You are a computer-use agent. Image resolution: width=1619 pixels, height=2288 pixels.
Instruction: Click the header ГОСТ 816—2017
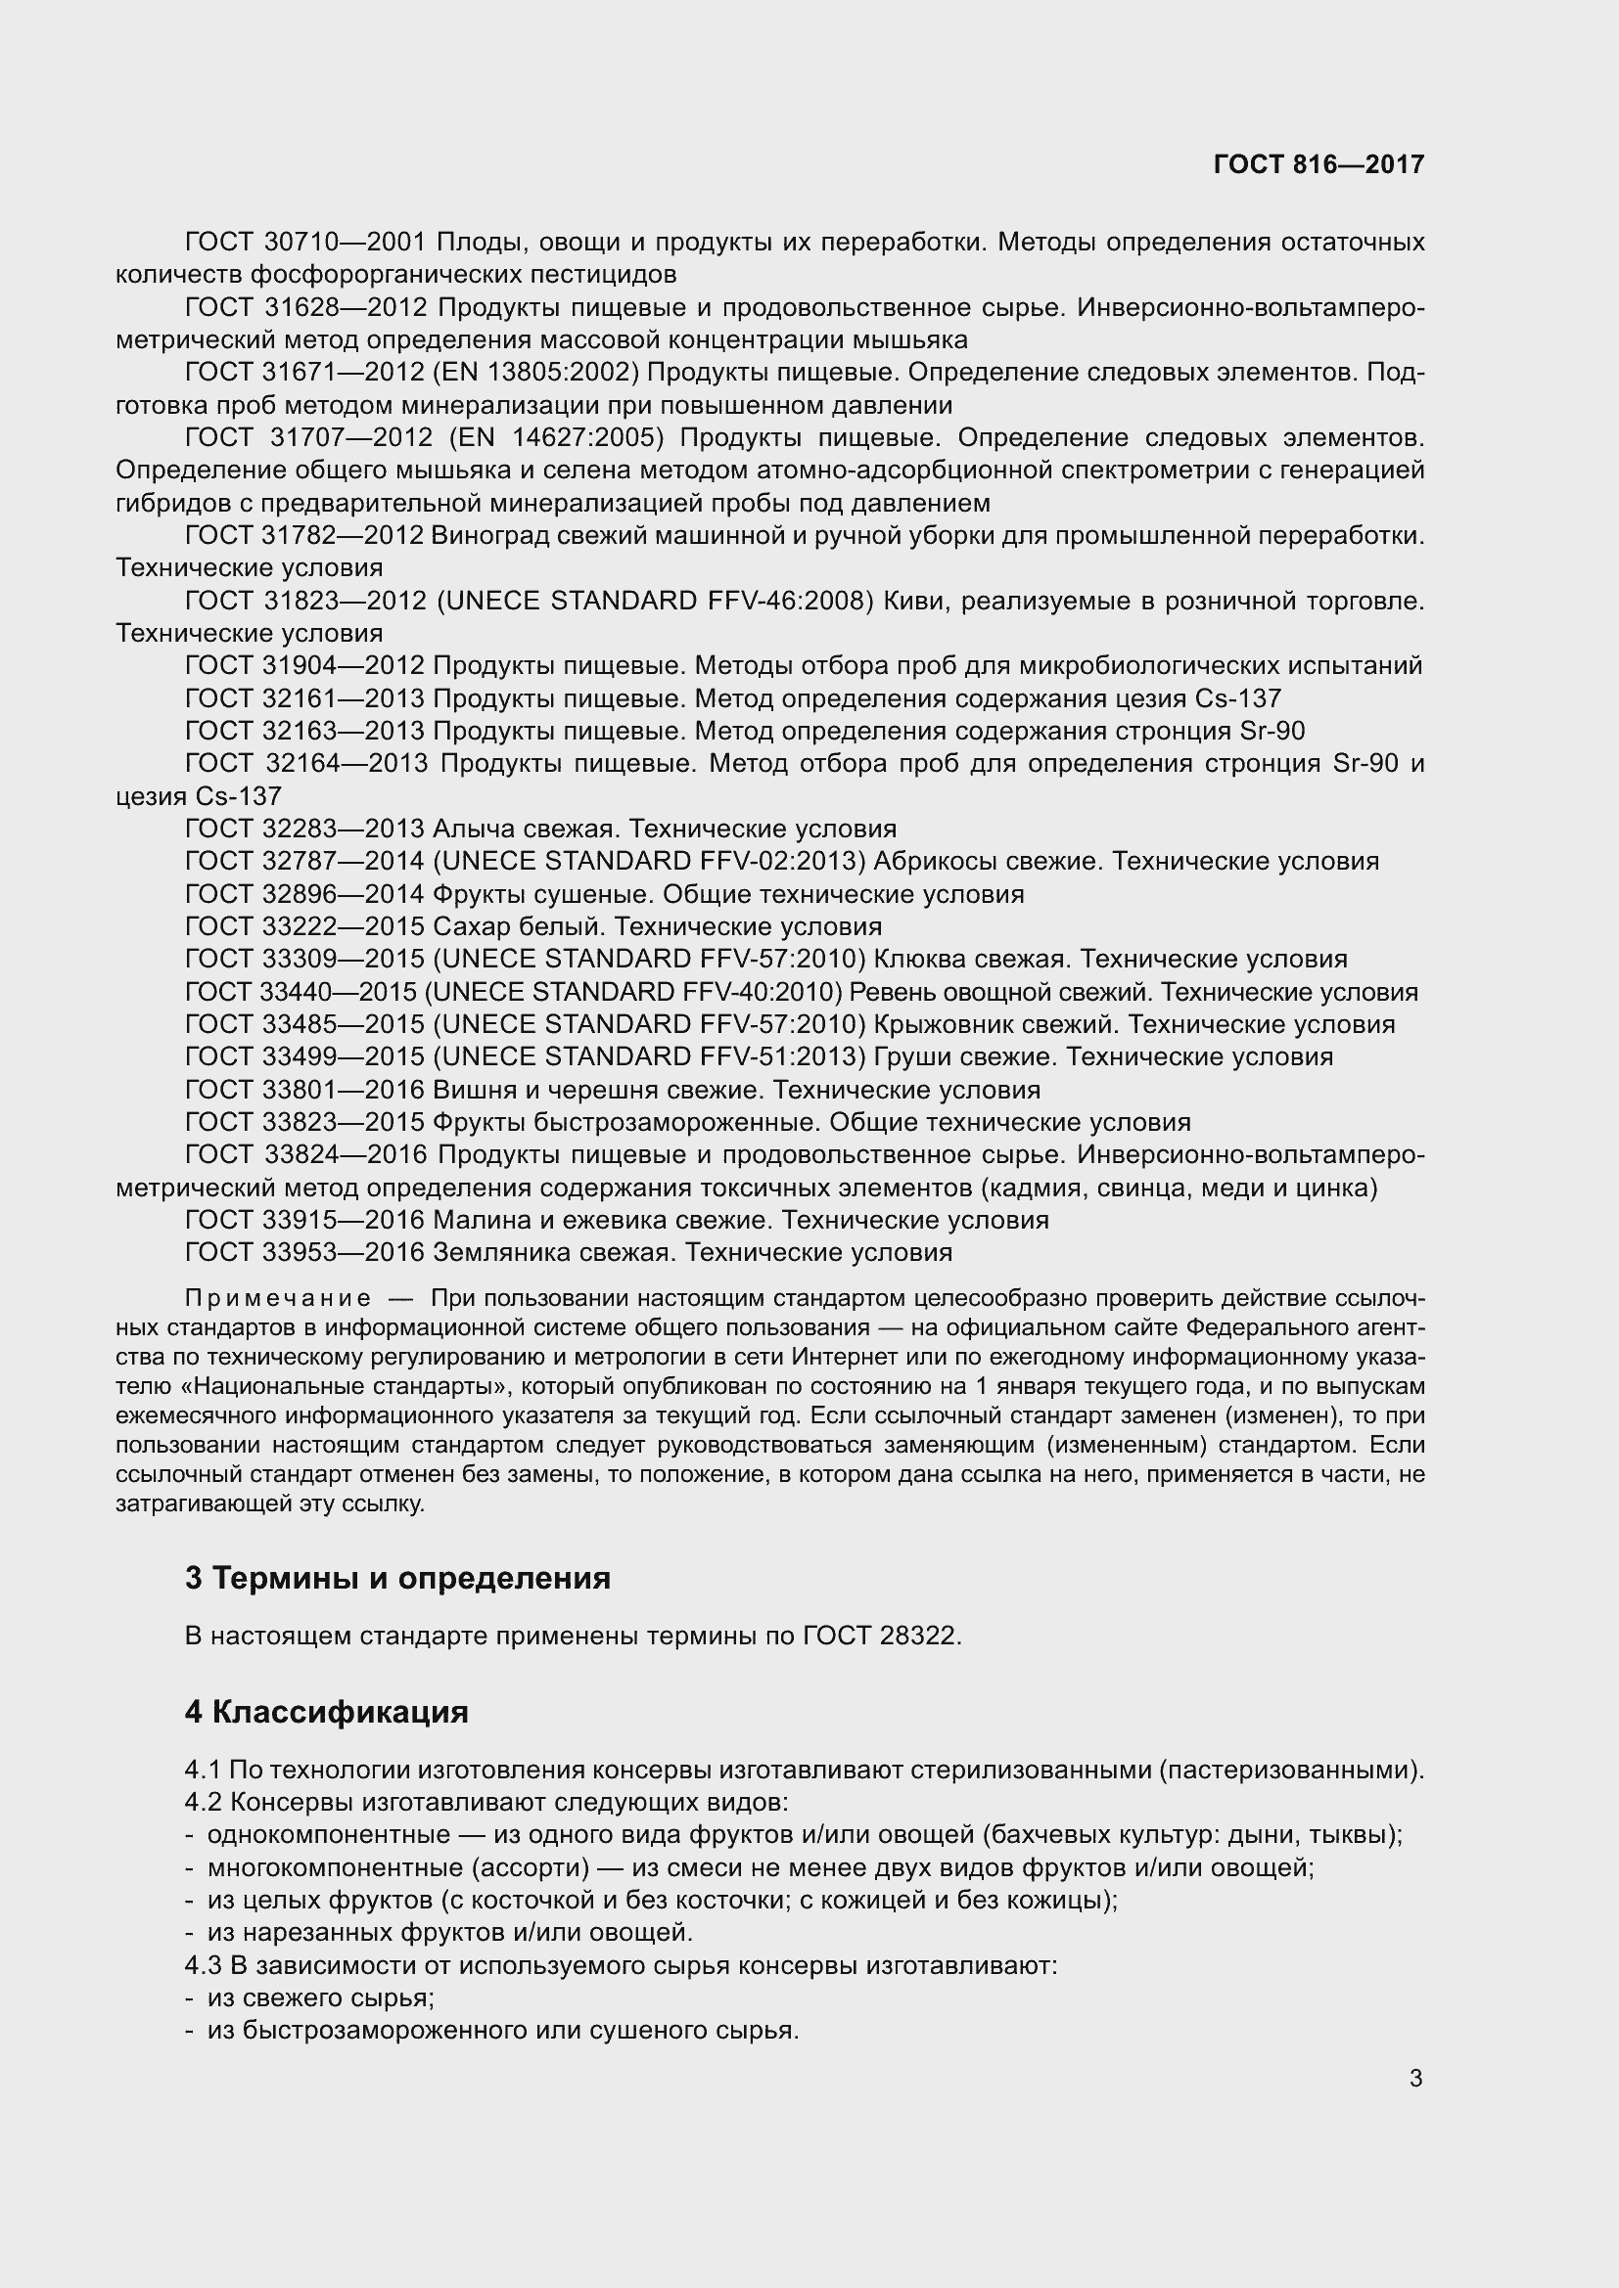[1318, 164]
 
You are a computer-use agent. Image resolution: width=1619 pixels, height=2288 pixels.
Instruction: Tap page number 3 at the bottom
[1415, 2078]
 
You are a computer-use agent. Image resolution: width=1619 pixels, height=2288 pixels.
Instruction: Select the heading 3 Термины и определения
[396, 1578]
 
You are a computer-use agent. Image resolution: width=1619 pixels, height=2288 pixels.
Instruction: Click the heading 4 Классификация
[326, 1712]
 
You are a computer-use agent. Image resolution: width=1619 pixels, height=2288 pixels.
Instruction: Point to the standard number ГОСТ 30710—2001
[305, 243]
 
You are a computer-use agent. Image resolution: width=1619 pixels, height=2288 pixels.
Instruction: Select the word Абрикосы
[934, 861]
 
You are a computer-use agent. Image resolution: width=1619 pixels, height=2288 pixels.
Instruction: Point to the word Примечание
[278, 1298]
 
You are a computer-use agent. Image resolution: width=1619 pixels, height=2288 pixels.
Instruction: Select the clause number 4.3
[203, 1966]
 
